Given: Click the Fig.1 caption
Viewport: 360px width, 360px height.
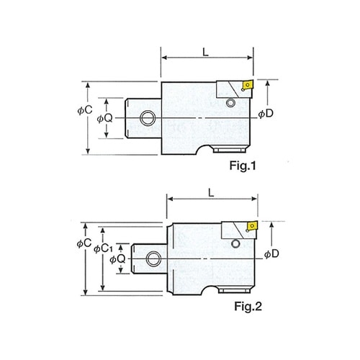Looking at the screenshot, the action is [243, 166].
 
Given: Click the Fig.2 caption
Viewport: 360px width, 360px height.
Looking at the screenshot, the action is [248, 306].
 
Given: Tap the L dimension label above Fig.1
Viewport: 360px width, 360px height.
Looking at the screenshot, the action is [206, 52].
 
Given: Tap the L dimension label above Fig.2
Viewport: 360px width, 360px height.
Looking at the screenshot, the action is [211, 192].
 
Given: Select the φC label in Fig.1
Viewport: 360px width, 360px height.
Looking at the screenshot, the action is [85, 110].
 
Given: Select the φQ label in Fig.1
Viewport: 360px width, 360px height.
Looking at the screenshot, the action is [104, 118].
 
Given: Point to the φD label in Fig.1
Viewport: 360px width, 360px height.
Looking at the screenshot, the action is [266, 114].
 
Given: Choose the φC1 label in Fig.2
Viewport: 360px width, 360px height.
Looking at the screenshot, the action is [103, 249].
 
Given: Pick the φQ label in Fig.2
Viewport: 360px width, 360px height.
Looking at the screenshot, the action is [117, 259].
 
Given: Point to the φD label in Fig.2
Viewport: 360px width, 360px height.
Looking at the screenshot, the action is [271, 254].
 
